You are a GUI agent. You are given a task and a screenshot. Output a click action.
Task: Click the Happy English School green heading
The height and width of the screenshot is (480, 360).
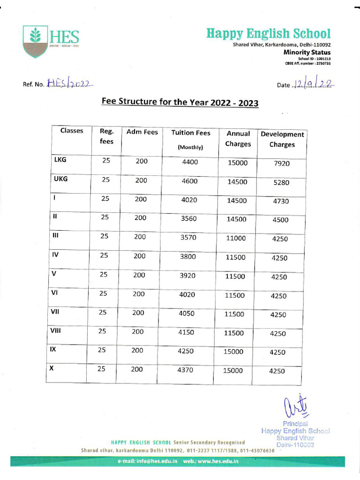[269, 34]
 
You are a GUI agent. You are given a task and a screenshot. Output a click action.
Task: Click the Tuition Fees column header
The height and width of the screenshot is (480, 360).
[191, 133]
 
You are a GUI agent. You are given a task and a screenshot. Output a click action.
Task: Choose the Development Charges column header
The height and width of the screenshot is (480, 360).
[282, 139]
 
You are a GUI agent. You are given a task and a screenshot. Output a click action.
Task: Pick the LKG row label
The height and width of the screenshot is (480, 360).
[60, 160]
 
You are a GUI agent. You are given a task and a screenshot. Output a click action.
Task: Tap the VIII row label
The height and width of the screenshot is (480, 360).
[56, 330]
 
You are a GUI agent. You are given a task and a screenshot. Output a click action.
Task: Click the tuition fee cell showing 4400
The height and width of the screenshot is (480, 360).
[190, 162]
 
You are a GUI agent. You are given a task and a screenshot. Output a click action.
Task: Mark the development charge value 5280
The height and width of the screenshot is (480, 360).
[281, 182]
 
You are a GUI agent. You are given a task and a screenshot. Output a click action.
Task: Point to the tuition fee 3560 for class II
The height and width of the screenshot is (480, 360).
[188, 218]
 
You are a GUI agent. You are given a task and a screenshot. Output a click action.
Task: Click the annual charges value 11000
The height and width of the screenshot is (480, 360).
[236, 238]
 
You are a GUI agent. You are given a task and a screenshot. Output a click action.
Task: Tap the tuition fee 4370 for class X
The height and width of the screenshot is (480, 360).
[185, 370]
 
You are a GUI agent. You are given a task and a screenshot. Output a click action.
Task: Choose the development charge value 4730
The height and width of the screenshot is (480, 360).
[281, 202]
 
